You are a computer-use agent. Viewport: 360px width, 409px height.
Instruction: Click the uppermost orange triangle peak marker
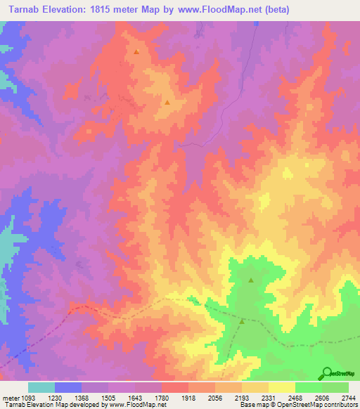click(136, 52)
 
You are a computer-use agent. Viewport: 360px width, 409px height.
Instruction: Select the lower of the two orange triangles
click(167, 103)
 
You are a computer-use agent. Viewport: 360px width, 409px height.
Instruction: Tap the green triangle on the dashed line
click(243, 322)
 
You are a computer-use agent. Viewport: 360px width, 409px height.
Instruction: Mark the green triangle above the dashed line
click(251, 280)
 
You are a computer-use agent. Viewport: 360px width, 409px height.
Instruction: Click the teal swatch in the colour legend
click(41, 387)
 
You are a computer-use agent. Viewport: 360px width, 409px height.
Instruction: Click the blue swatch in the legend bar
click(68, 387)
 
